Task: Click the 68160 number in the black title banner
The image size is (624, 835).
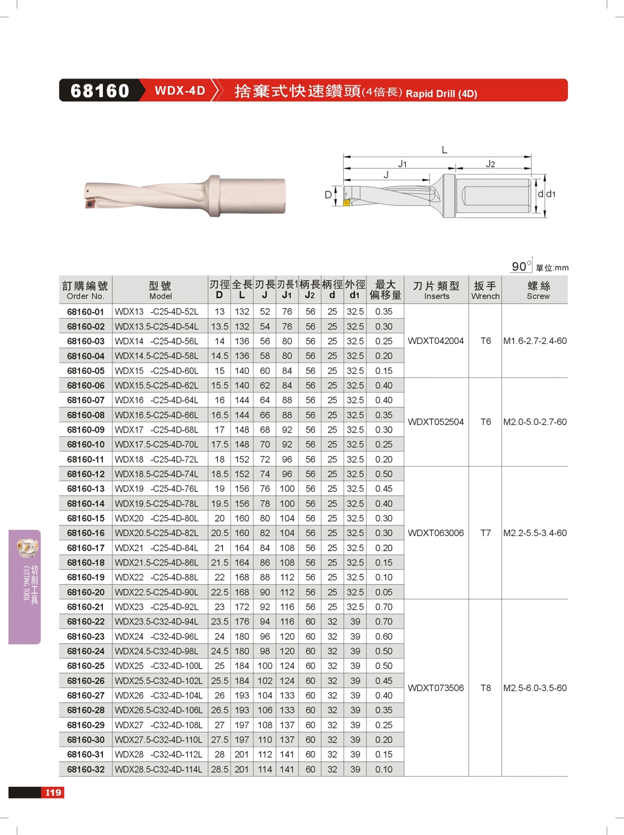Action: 100,91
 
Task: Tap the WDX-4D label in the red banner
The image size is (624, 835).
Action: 180,90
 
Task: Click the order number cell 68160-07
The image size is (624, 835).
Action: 85,400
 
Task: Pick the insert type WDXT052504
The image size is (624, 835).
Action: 436,422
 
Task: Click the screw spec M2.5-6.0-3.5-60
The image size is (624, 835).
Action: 535,688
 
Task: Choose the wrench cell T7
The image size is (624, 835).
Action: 485,533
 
